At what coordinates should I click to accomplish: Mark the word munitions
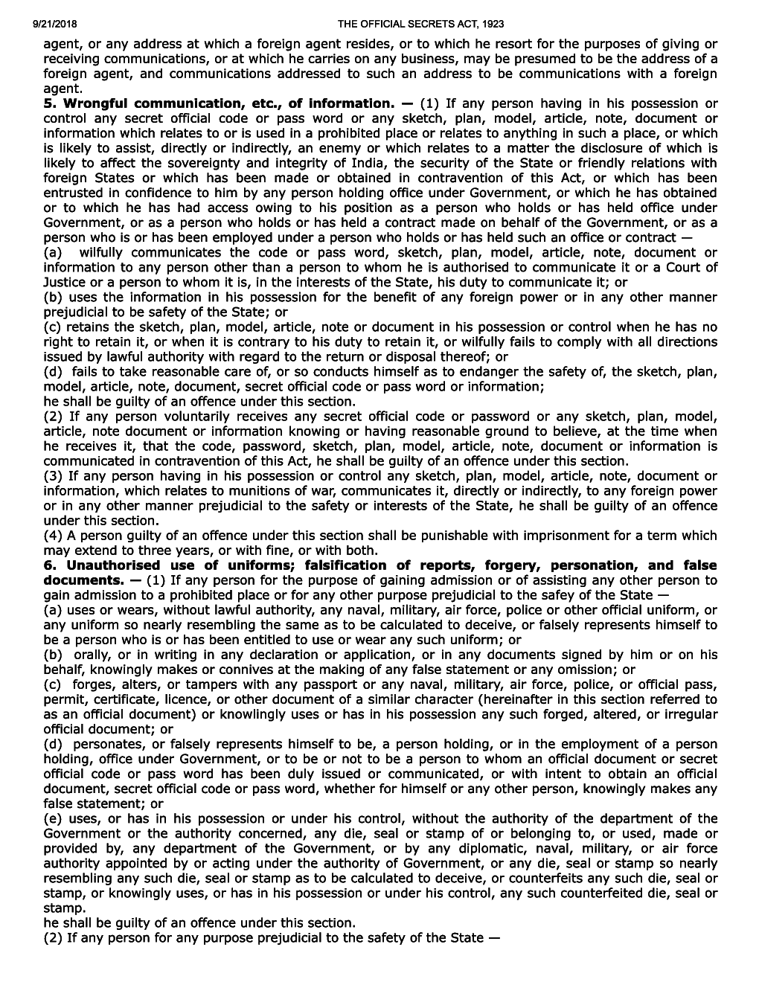pyautogui.click(x=236, y=491)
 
